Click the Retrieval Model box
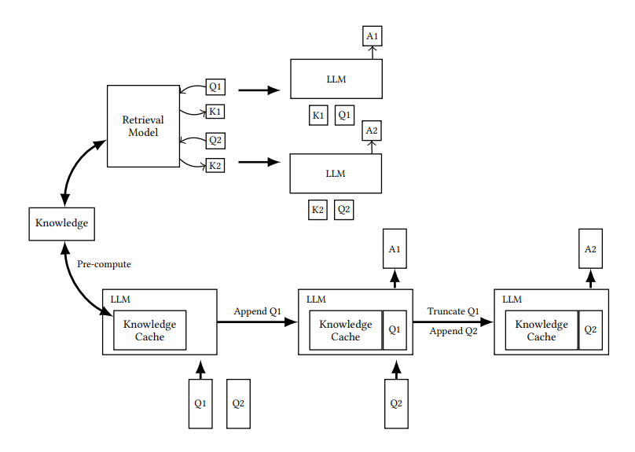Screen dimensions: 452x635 click(143, 127)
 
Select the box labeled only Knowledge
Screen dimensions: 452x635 click(61, 223)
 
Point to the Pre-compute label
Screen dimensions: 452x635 click(104, 264)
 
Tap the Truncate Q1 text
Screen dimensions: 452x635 click(453, 311)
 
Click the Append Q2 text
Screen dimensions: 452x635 click(453, 331)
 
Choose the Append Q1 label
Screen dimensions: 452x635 click(257, 311)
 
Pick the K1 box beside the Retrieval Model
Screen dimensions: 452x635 click(215, 112)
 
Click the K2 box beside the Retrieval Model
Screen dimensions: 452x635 click(215, 166)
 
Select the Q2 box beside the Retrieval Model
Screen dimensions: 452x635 click(215, 141)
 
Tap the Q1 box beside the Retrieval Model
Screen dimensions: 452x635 click(215, 86)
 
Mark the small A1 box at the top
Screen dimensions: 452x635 click(373, 35)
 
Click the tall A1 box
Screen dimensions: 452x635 click(395, 249)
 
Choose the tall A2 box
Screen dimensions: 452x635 click(590, 249)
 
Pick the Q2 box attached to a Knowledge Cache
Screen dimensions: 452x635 click(589, 330)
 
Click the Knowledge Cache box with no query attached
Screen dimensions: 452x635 click(149, 330)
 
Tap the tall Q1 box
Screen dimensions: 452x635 click(200, 403)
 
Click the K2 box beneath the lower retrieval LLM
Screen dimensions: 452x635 click(317, 210)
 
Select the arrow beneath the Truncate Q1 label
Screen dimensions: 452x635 click(453, 322)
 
